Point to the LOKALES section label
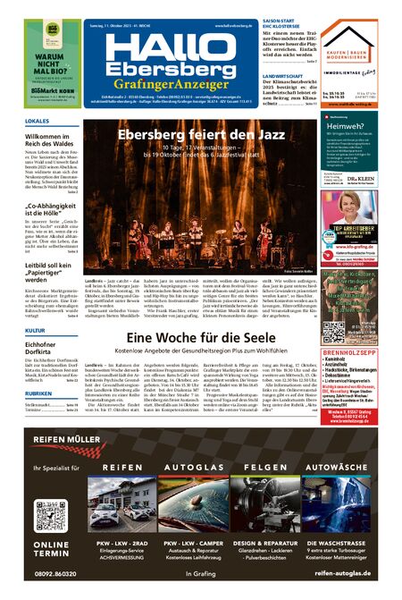click(x=37, y=121)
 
